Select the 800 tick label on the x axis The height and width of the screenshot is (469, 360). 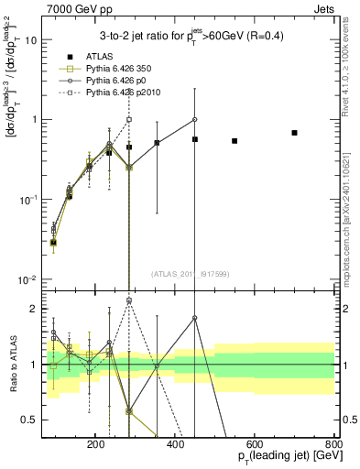[x=332, y=443]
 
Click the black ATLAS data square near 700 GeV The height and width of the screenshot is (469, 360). [x=294, y=133]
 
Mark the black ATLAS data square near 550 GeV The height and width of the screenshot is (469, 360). [x=235, y=141]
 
